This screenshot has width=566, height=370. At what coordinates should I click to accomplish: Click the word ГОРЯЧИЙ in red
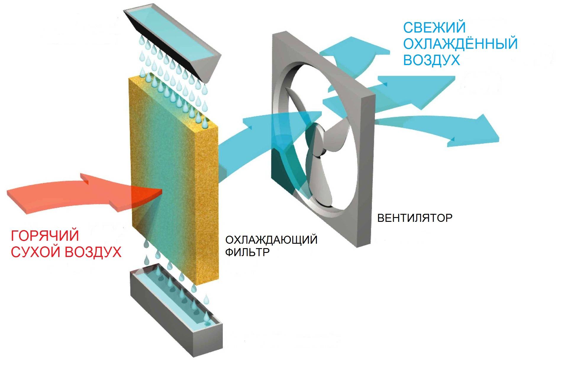[45, 236]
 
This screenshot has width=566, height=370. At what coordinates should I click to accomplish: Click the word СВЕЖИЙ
[434, 28]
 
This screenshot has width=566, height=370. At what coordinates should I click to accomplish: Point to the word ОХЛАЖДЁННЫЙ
[460, 44]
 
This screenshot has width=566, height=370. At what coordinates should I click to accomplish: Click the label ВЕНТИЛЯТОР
[415, 218]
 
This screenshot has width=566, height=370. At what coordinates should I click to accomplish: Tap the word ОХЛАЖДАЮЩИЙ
[271, 239]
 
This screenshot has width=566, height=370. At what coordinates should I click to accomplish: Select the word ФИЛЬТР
[247, 252]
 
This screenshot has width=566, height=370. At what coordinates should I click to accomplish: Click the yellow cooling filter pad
[175, 177]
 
